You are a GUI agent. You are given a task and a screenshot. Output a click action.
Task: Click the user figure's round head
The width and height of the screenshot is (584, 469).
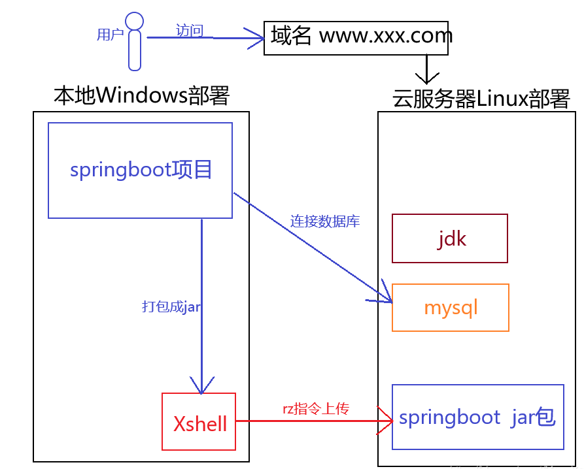[x=134, y=21]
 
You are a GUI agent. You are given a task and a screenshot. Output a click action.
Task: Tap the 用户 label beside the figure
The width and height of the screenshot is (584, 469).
[x=110, y=35]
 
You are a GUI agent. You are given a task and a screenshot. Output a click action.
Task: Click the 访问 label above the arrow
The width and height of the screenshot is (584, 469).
[x=190, y=30]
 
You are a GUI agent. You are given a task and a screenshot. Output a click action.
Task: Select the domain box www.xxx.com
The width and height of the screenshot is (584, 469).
[x=356, y=38]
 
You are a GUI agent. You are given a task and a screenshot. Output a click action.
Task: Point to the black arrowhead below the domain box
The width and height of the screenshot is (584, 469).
[x=426, y=77]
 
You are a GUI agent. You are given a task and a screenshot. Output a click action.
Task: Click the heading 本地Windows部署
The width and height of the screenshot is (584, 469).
[x=142, y=95]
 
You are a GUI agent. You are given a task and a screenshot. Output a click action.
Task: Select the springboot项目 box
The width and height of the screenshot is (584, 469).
[x=140, y=170]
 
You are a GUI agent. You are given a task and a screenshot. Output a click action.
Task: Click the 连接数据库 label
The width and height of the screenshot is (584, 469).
[x=325, y=221]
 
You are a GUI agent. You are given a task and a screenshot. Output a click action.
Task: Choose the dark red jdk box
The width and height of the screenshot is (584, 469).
[x=449, y=238]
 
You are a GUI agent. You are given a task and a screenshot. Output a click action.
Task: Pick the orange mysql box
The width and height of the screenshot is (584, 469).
[x=450, y=308]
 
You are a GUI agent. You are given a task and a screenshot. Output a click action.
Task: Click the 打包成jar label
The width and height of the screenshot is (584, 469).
[x=171, y=306]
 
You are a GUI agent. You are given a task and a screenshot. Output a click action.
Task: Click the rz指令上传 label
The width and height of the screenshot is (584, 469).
[x=315, y=409]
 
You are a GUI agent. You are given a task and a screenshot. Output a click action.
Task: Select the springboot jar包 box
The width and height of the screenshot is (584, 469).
[x=477, y=417]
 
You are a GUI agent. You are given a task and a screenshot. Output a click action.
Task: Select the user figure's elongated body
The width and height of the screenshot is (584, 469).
[x=135, y=50]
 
